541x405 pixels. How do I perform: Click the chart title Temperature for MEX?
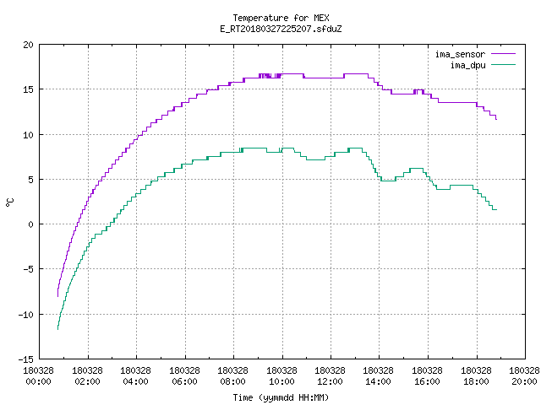pos(281,18)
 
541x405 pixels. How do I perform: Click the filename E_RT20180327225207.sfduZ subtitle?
pos(281,29)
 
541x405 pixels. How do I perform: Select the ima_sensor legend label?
pos(460,54)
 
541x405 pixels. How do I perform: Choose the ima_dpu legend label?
pos(467,65)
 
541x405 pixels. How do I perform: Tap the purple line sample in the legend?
pos(503,54)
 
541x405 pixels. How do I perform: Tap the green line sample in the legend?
pos(503,65)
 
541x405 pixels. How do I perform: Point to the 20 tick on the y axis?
pos(28,45)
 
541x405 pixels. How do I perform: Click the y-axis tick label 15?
pos(28,89)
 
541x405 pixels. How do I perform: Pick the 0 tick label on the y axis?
pos(30,224)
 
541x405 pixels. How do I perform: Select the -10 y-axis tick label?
pos(26,315)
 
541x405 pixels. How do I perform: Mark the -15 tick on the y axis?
pos(26,359)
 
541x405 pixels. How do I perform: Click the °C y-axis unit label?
pos(9,202)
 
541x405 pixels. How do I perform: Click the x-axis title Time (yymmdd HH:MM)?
pos(281,397)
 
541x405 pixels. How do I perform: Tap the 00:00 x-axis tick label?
pos(38,381)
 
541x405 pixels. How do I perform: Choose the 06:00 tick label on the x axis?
pos(184,381)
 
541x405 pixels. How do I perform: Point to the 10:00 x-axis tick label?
pos(281,381)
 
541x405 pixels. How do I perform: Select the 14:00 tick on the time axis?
pos(379,381)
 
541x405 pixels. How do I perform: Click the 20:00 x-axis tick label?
pos(524,381)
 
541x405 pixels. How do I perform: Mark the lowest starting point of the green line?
pos(57,329)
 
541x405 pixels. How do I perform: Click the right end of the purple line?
pos(496,119)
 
